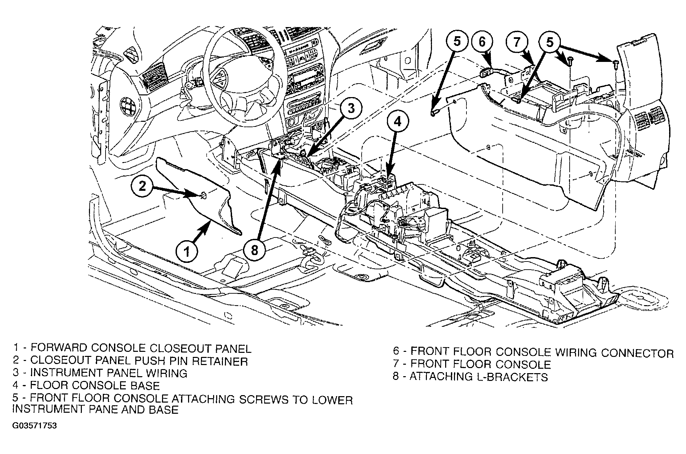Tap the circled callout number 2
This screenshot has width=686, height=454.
[143, 186]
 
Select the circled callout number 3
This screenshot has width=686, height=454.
[351, 109]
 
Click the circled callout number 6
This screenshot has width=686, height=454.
[482, 42]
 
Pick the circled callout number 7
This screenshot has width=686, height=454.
[517, 42]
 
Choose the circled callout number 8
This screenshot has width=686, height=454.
[255, 250]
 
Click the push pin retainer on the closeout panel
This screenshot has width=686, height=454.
[203, 195]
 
